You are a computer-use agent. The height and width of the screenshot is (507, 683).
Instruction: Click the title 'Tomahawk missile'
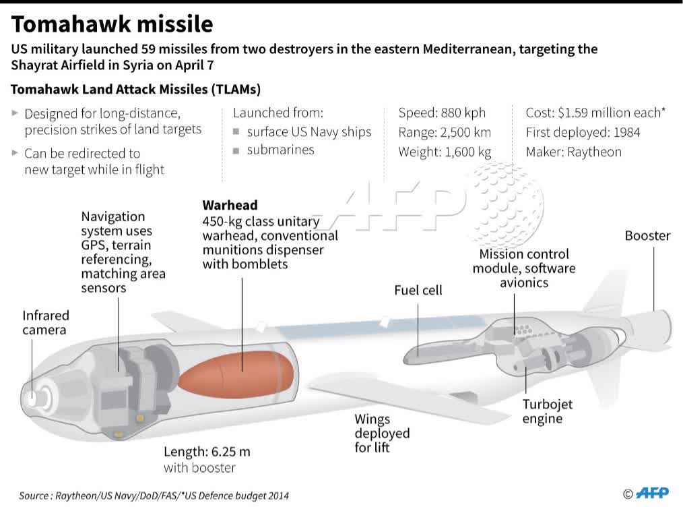[x=112, y=24]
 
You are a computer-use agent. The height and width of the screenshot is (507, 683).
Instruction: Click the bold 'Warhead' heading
[x=230, y=205]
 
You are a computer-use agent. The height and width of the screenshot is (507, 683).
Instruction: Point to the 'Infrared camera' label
[x=45, y=322]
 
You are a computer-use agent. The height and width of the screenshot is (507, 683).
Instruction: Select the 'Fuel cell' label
[x=418, y=290]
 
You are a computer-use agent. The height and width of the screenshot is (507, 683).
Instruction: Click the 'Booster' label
[x=647, y=236]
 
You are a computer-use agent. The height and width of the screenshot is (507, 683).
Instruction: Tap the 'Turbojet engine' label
[x=548, y=411]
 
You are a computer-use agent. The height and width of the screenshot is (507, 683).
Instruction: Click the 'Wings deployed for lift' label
[x=381, y=433]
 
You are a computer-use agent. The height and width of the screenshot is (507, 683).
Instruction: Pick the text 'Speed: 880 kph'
[x=442, y=113]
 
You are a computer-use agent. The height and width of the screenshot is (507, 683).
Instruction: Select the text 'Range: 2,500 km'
[x=445, y=132]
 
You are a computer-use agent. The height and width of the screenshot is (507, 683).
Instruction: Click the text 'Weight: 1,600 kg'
[x=445, y=152]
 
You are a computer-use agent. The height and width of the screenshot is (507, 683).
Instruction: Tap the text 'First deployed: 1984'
[x=583, y=132]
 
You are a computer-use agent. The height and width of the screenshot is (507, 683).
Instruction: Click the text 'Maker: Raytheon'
[x=573, y=152]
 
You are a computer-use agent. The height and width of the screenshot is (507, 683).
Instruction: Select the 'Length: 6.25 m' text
[x=207, y=452]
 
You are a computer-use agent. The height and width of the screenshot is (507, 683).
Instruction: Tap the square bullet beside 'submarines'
[x=236, y=150]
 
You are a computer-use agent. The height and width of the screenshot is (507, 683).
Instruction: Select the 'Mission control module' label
[x=523, y=261]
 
